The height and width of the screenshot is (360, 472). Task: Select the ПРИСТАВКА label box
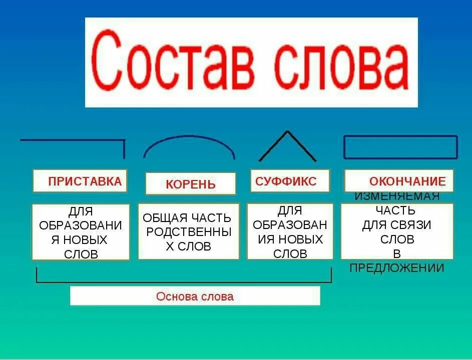point(80,181)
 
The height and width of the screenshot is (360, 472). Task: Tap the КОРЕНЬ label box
point(190,183)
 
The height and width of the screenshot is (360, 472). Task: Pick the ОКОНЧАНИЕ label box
point(399,181)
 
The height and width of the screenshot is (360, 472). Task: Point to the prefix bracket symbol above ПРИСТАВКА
point(73,141)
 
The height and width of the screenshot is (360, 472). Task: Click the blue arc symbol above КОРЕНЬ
point(189,144)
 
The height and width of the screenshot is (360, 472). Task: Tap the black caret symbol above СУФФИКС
point(287,145)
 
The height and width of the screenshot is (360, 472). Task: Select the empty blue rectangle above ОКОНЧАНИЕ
point(400,147)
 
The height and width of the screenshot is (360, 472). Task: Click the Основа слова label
point(195,296)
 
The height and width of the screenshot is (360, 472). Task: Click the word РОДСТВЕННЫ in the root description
point(188,232)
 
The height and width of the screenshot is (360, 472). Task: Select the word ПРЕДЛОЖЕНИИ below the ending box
point(396,268)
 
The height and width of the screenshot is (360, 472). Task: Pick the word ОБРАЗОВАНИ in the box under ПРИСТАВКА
point(80,225)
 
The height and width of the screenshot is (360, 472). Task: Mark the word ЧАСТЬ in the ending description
point(397,210)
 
